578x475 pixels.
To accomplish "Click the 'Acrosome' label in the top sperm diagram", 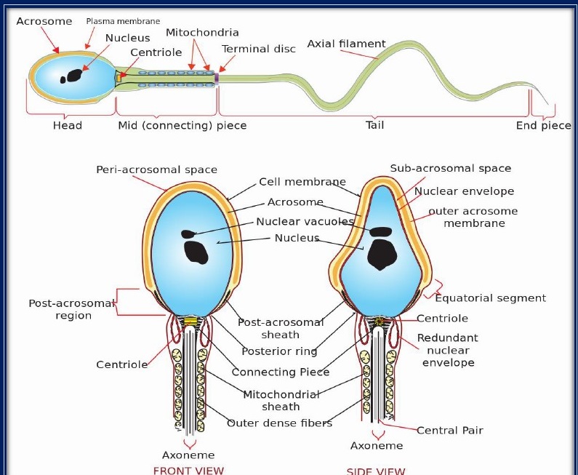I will [44, 21].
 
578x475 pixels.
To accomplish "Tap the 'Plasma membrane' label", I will [123, 22].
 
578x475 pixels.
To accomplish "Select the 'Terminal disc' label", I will [259, 49].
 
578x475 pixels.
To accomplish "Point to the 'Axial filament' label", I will [346, 44].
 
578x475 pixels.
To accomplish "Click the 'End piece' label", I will [543, 126].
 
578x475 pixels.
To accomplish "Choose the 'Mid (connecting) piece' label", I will [182, 126].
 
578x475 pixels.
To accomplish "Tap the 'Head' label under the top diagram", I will [68, 126].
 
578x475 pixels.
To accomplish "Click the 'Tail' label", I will [374, 125].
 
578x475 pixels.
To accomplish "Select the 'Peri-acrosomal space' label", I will [156, 169].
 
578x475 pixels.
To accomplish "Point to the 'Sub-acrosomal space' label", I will [450, 168].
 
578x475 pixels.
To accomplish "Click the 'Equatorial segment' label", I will [490, 298].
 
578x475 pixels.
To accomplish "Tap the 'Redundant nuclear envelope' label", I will [448, 350].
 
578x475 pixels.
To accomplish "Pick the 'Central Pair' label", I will [450, 430].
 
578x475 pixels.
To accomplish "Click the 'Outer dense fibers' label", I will [279, 423].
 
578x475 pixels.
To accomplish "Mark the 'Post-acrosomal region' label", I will [73, 309].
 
